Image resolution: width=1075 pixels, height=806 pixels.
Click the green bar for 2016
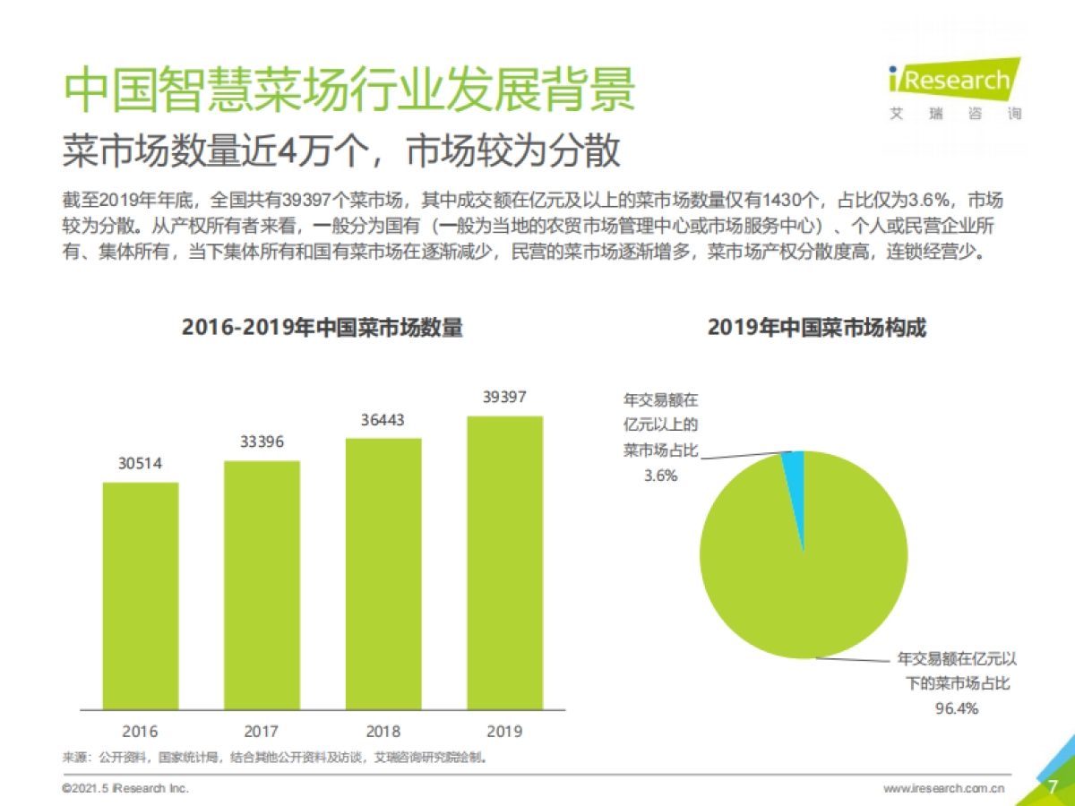[x=141, y=596]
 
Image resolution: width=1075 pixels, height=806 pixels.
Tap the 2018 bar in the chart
[x=383, y=573]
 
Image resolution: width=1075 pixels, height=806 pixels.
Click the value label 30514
[x=141, y=464]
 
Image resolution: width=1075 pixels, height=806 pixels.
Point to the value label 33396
[x=262, y=442]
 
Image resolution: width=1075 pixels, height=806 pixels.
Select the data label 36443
[x=383, y=419]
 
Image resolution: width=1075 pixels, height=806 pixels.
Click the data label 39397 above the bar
[x=504, y=397]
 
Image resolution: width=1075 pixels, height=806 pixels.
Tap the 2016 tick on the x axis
[x=141, y=731]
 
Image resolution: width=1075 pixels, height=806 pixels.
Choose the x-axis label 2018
[x=383, y=731]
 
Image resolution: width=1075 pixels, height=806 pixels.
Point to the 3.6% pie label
[x=660, y=476]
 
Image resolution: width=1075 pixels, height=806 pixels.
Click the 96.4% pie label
[x=958, y=708]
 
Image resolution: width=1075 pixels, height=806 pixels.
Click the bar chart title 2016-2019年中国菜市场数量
[x=322, y=328]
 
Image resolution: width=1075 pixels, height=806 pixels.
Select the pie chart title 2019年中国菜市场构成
[x=816, y=328]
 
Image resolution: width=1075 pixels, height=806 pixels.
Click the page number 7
[x=1053, y=786]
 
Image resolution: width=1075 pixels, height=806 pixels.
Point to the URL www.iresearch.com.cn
[x=943, y=788]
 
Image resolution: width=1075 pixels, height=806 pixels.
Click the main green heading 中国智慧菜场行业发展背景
[x=349, y=89]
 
